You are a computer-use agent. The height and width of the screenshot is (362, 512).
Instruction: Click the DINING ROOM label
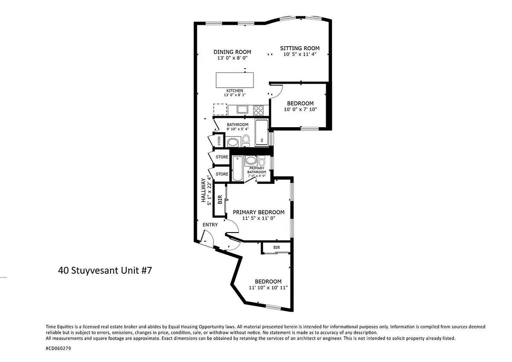tap(232, 52)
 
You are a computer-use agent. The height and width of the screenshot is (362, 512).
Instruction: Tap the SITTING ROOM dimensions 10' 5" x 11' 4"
tap(299, 54)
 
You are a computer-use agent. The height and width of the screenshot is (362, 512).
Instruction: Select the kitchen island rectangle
tap(235, 80)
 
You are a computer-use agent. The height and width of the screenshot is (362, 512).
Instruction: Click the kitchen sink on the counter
tap(242, 109)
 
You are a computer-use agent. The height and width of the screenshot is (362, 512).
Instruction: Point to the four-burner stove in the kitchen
tap(258, 109)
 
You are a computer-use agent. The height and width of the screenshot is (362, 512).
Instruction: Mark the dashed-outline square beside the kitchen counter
tap(220, 110)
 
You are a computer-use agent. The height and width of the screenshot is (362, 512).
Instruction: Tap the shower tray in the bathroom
tap(261, 132)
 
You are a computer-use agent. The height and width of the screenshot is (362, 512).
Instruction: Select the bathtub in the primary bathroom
tap(237, 168)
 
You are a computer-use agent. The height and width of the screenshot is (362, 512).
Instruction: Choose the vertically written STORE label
tap(219, 141)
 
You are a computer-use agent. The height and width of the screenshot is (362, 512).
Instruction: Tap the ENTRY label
tap(210, 225)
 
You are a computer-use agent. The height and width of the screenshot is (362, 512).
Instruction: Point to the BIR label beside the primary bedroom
tap(220, 199)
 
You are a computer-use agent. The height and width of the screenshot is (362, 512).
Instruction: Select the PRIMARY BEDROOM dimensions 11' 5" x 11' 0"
tap(258, 218)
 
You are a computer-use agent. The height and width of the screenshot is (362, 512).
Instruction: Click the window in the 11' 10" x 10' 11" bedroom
tap(273, 307)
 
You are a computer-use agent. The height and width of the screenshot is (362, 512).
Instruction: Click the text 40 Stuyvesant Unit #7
tap(104, 271)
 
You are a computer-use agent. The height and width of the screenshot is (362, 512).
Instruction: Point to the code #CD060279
tap(58, 348)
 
